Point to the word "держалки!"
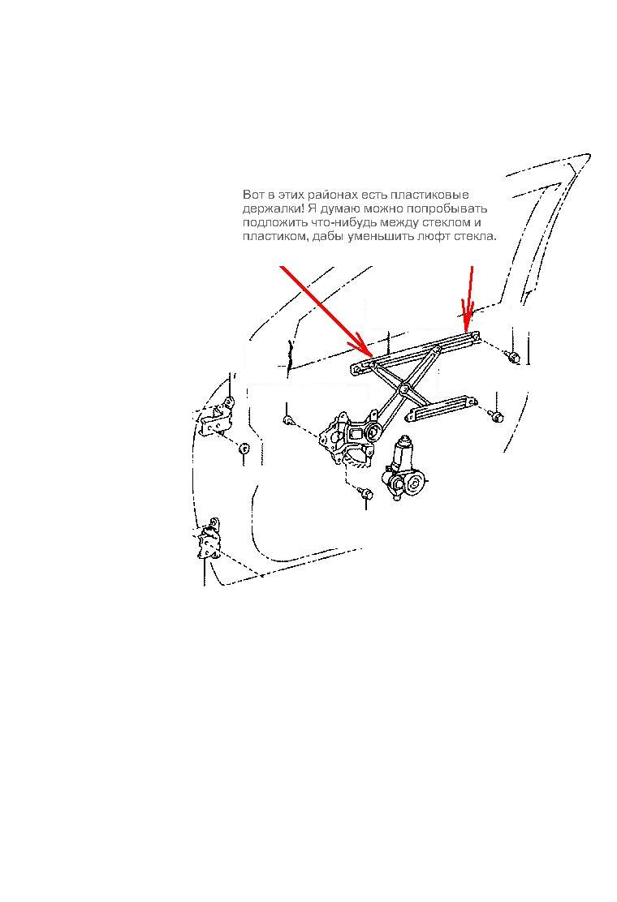(270, 208)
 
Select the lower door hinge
(209, 539)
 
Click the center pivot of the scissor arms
(405, 390)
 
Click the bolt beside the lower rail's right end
(496, 415)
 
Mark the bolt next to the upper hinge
(244, 449)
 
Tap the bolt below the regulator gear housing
(365, 494)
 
